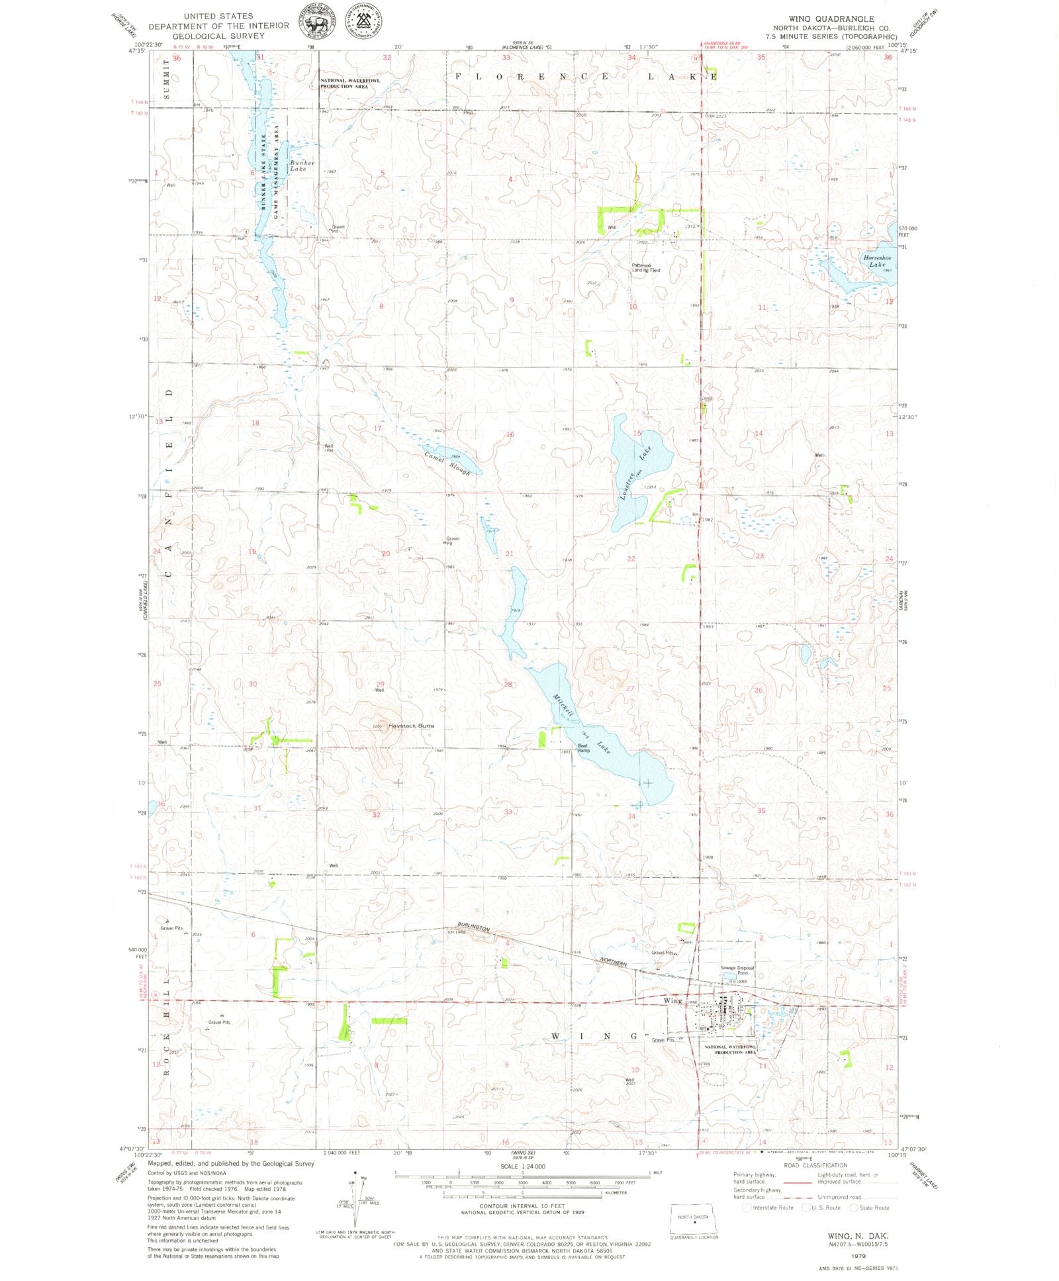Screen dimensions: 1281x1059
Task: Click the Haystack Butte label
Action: pos(411,726)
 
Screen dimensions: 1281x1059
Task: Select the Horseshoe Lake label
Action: pos(877,261)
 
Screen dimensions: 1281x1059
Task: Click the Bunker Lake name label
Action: pos(302,166)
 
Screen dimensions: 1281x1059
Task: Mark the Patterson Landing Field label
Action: pos(645,267)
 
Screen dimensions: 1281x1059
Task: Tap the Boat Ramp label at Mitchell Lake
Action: pos(583,748)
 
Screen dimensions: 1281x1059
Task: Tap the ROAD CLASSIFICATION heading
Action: pos(815,1166)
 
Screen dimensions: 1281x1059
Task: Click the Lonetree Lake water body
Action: pos(639,457)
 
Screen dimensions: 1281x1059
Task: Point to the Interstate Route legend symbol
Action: pos(747,1208)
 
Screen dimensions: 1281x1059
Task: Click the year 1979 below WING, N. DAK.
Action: pos(858,1255)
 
